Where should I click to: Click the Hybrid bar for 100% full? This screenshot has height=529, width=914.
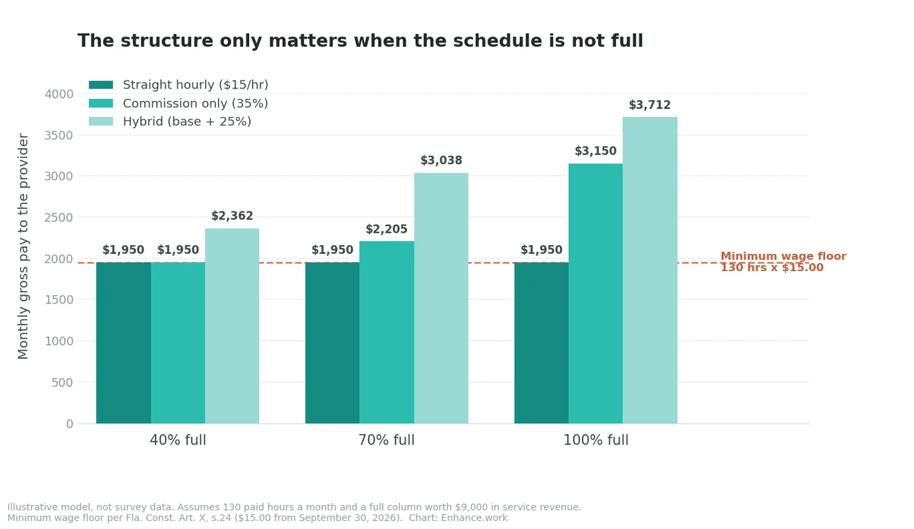coord(650,270)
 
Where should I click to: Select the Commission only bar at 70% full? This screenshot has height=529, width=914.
coord(387,332)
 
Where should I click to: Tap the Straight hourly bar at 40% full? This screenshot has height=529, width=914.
coord(124,343)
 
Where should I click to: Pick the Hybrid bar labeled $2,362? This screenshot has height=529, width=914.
coord(232,326)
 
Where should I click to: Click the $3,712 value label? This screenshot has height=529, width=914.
coord(650,105)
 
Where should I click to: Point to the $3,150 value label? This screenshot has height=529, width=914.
coord(595,151)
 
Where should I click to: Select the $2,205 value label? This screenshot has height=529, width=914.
coord(387,229)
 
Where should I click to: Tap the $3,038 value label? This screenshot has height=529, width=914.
coord(441,160)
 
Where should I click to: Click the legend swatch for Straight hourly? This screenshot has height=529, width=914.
coord(101,85)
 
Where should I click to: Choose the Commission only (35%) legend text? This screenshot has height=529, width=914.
coord(195,103)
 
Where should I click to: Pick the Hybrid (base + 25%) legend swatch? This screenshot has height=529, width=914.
coord(101,121)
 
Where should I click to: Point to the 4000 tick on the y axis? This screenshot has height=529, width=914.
coord(59,94)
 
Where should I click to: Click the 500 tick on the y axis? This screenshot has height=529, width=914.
coord(62,383)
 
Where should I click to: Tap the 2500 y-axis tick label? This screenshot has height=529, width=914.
coord(59,217)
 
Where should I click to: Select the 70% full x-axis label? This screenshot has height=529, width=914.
coord(387,440)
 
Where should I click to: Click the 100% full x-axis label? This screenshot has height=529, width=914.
coord(596,440)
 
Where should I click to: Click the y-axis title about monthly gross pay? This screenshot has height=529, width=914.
coord(23,246)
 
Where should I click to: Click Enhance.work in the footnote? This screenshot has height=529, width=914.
coord(474,518)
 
